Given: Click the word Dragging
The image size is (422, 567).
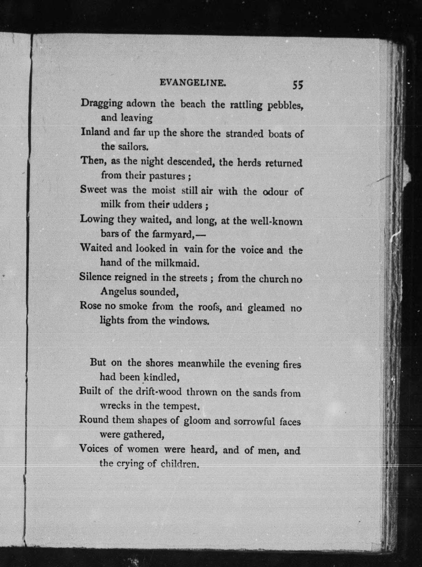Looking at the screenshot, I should pyautogui.click(x=102, y=103).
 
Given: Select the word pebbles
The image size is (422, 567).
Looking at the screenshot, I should pyautogui.click(x=285, y=106).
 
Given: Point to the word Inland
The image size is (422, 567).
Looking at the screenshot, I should pyautogui.click(x=95, y=132).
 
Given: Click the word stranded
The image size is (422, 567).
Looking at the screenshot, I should pyautogui.click(x=244, y=134).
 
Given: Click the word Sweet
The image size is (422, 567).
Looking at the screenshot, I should pyautogui.click(x=93, y=189).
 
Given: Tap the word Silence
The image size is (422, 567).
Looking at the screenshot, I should pyautogui.click(x=95, y=277).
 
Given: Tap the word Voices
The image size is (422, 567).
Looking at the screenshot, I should pyautogui.click(x=94, y=448).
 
